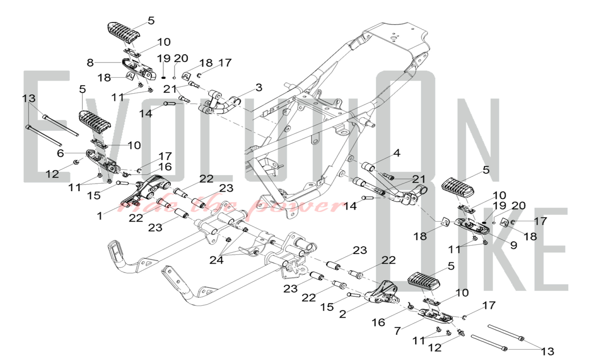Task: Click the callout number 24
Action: tap(216, 260)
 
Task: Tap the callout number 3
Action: tap(259, 87)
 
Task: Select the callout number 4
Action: tap(397, 153)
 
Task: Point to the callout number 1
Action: tap(100, 216)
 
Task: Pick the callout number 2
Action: tap(342, 314)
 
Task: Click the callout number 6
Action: tap(60, 153)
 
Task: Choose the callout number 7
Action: tap(397, 331)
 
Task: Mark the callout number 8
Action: tap(90, 63)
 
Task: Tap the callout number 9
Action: tap(514, 245)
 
